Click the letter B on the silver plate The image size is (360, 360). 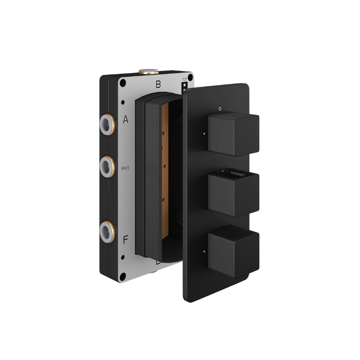158,85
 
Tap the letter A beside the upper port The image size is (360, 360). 125,120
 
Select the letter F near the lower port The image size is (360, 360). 125,240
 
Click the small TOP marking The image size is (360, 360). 185,79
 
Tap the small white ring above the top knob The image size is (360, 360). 220,107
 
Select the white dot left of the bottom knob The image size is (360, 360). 204,250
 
